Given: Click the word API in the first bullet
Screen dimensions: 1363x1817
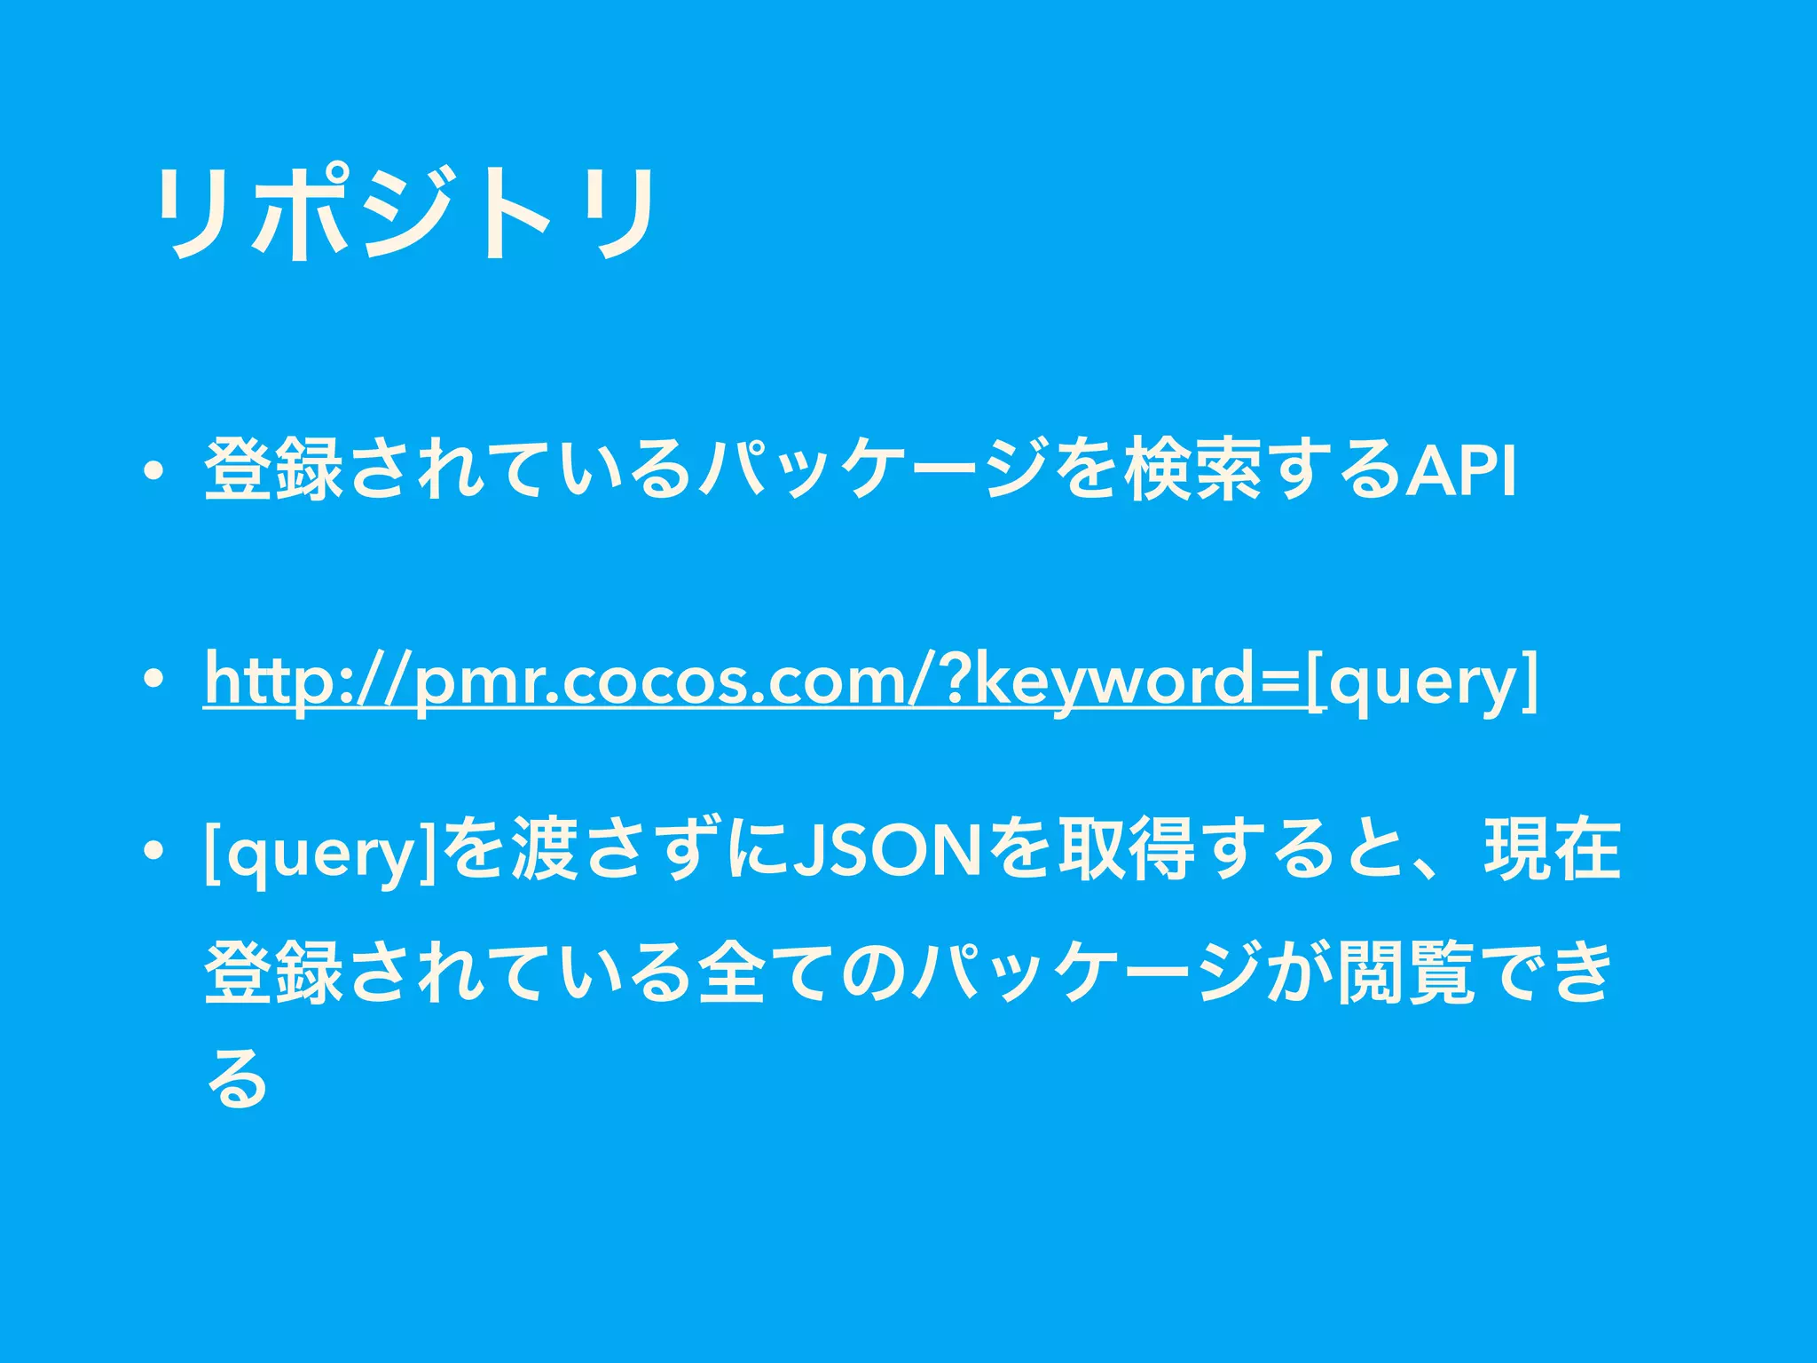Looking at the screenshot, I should click(x=1463, y=471).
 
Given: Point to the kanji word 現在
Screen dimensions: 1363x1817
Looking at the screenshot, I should click(x=1552, y=850).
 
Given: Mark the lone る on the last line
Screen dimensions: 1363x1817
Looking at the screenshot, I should click(x=236, y=1077).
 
